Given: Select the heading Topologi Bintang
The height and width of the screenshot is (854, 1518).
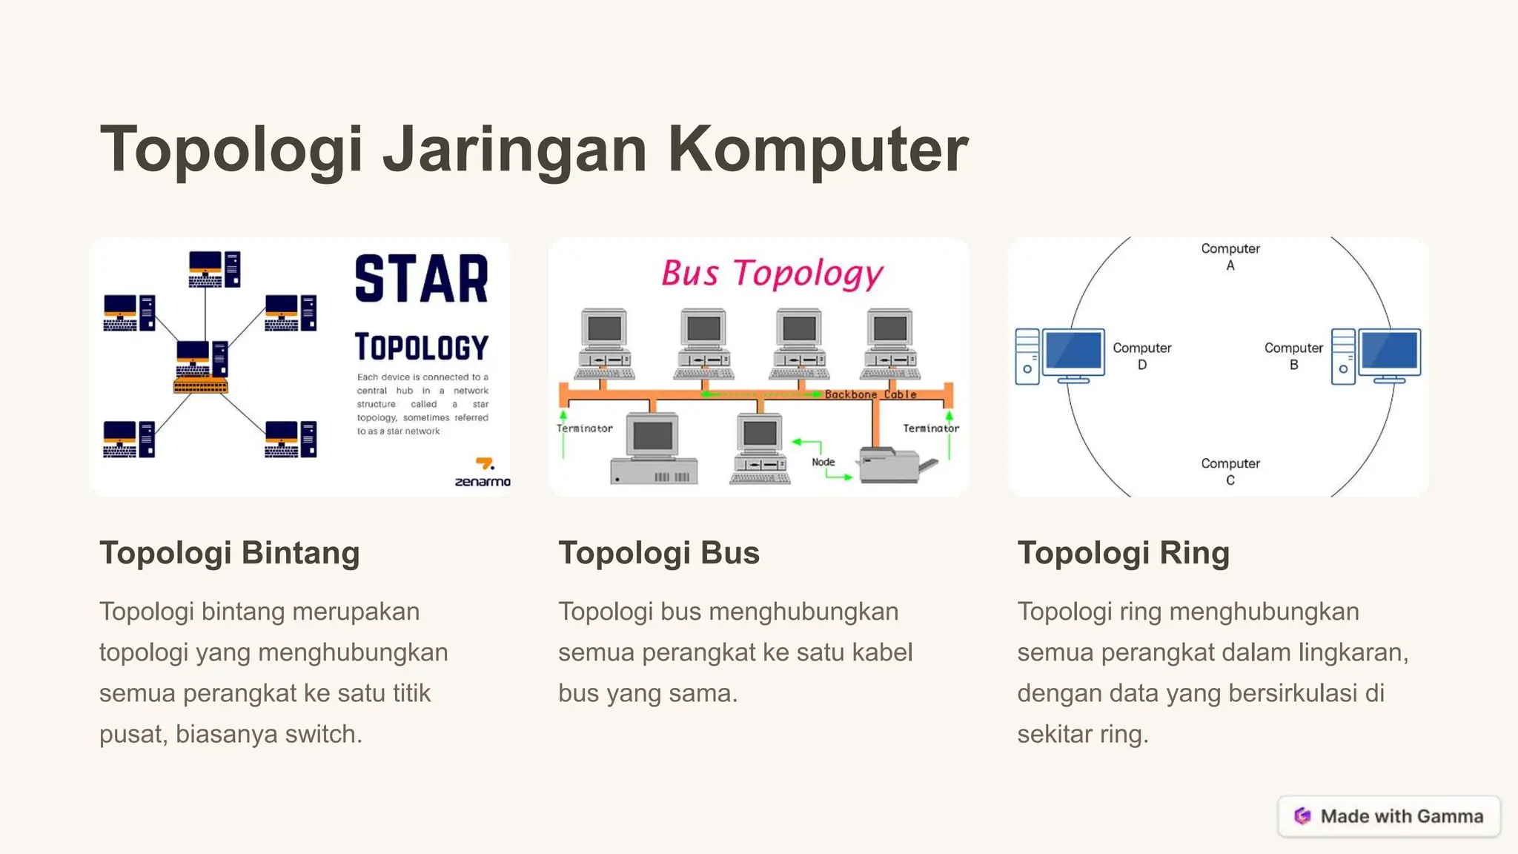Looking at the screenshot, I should tap(230, 553).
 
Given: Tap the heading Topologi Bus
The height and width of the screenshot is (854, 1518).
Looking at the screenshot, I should tap(659, 553).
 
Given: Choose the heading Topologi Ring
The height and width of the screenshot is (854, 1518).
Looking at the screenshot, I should tap(1123, 553).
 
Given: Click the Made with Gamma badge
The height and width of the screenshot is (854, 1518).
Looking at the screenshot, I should tap(1389, 816).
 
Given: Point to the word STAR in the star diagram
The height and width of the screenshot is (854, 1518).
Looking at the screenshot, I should tap(422, 279).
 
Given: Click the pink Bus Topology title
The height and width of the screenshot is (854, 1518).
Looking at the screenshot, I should tap(772, 274).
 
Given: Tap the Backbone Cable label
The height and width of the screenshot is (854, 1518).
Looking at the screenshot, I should tap(870, 394).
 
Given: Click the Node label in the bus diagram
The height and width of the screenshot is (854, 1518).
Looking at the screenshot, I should tap(823, 462).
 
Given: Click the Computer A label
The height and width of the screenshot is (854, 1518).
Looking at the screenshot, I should tap(1230, 256).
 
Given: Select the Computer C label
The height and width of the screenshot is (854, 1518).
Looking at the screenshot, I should tap(1230, 471).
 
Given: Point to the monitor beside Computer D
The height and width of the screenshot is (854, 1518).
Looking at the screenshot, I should tap(1073, 354).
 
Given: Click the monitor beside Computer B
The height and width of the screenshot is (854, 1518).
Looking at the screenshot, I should tap(1389, 354).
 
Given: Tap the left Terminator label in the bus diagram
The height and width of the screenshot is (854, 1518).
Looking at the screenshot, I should tap(585, 428).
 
